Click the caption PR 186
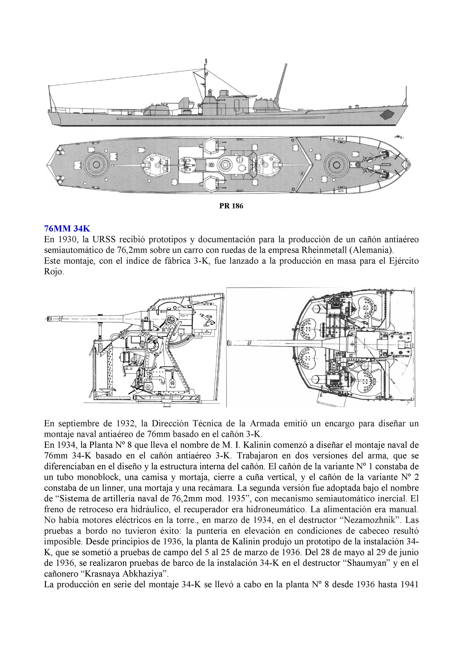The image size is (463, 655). pos(231,206)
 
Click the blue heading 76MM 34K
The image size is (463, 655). pos(67,229)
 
